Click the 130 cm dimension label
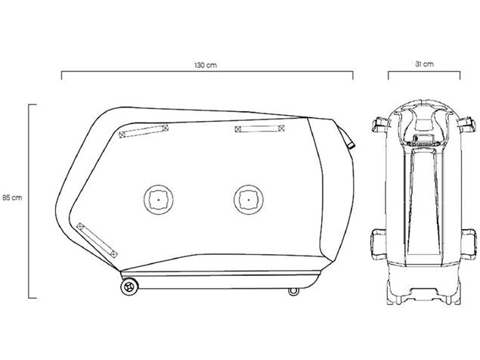coord(206,65)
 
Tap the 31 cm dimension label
coord(424,64)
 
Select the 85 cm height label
coord(12,197)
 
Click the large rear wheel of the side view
coord(129,287)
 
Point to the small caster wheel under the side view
coord(293,291)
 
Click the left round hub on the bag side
coord(158,200)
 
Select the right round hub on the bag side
coord(249,200)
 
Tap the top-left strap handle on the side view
coord(144,131)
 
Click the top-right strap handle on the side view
coord(259,129)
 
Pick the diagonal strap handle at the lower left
coord(97,241)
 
